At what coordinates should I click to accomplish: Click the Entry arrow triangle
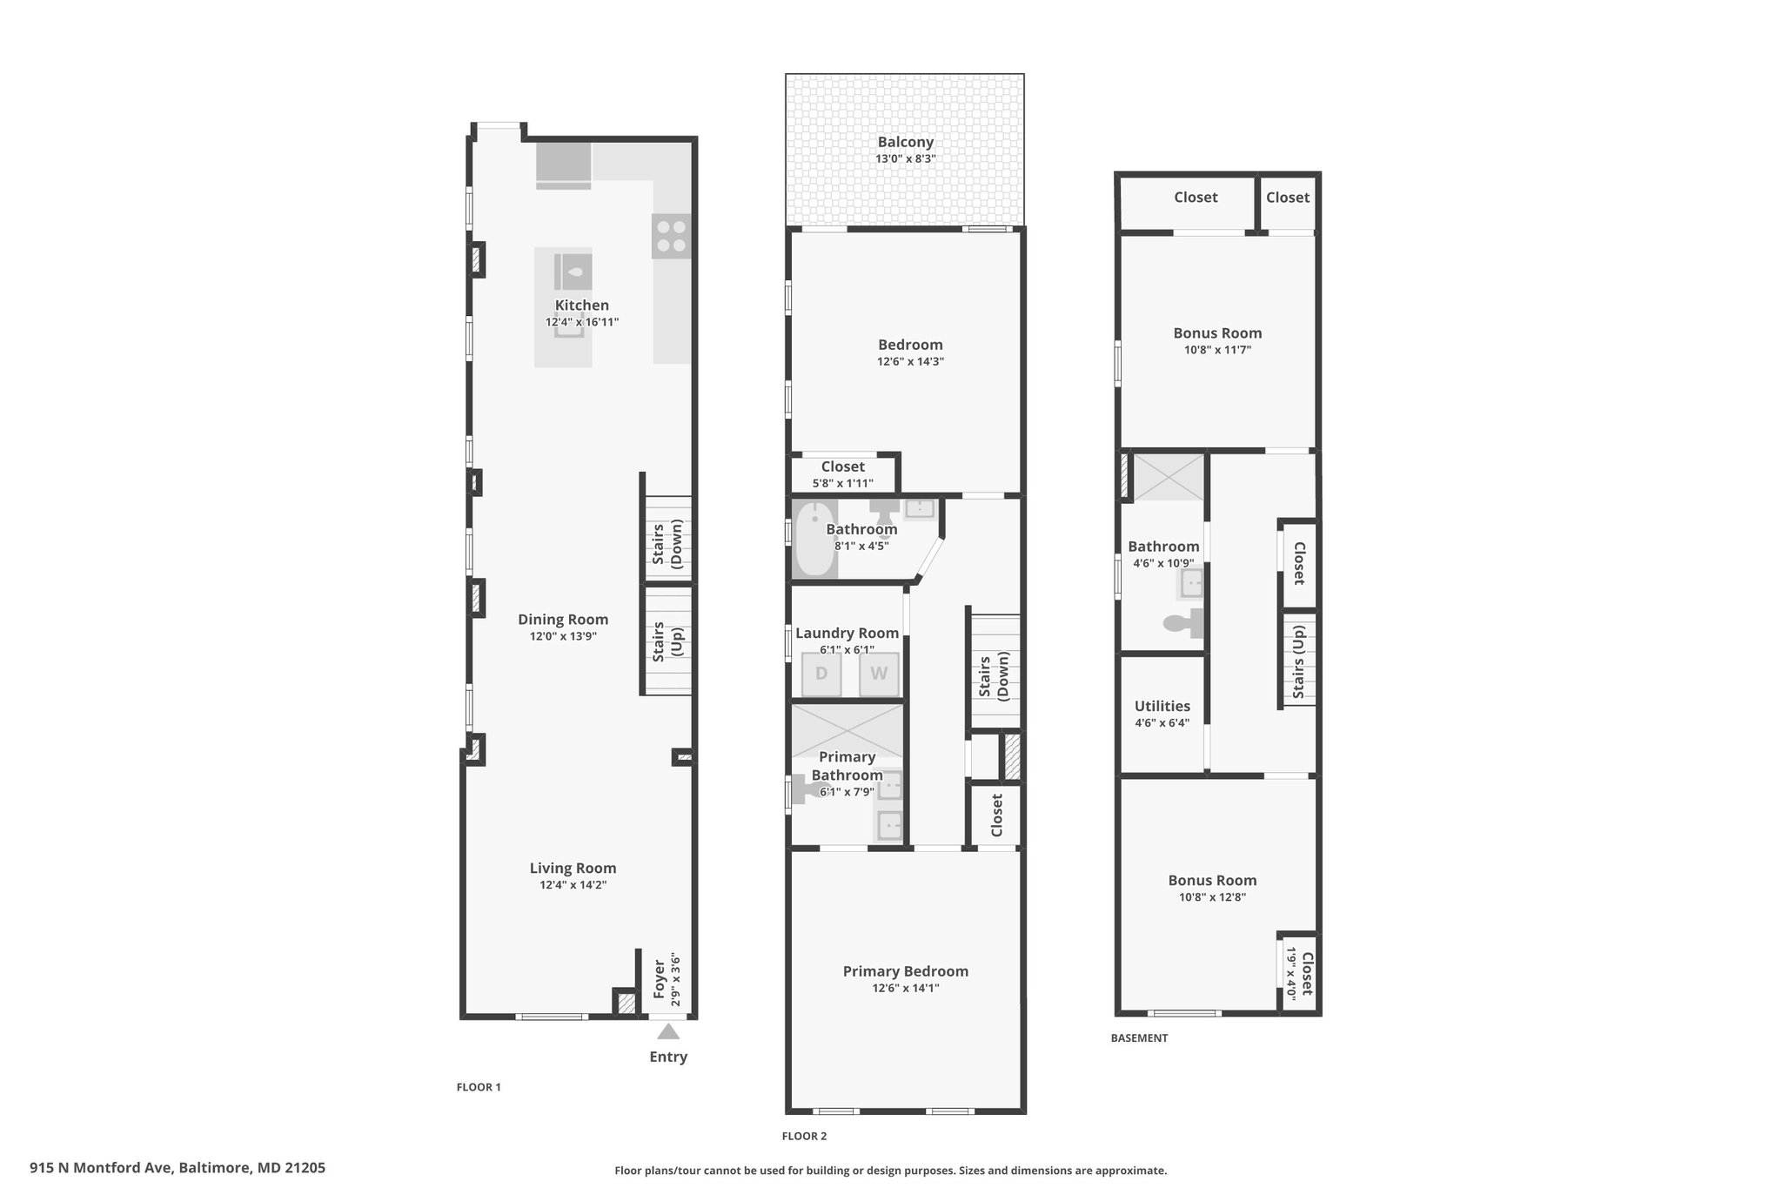point(668,1031)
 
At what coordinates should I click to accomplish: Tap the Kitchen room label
point(582,305)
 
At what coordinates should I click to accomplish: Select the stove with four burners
point(672,236)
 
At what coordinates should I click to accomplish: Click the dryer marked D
point(821,674)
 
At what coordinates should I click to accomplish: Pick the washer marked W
point(879,674)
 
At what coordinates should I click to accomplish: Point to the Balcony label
point(906,142)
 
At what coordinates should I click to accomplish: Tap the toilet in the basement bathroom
point(1183,623)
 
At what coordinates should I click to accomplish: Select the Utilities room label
point(1162,706)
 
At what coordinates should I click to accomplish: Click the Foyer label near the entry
point(660,979)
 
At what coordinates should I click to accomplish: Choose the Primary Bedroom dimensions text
point(906,988)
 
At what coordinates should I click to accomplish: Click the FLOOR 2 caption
point(804,1136)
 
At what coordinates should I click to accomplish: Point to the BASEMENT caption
point(1139,1037)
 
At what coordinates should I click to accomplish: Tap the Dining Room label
point(563,620)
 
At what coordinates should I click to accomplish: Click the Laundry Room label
point(847,634)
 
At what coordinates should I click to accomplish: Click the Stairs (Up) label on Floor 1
point(667,641)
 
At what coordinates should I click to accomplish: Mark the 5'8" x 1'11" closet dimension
point(843,483)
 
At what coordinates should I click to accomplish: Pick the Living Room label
point(573,868)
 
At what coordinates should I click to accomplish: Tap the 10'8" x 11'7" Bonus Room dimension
point(1218,350)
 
